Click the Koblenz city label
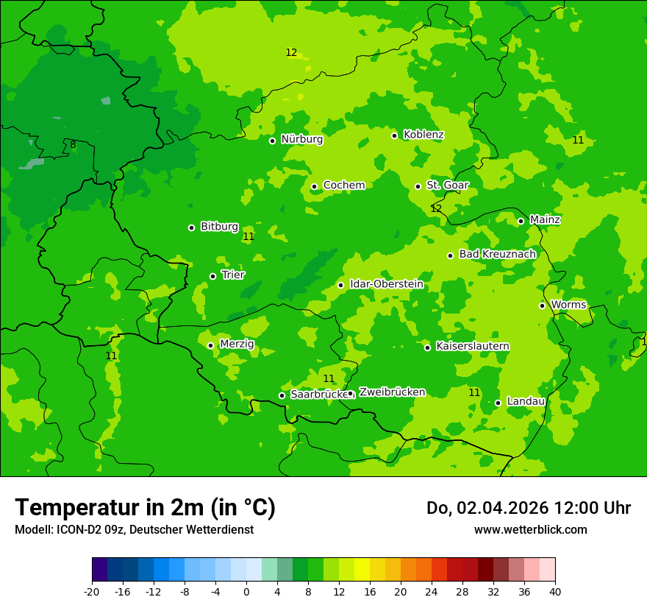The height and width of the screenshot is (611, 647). [x=423, y=135]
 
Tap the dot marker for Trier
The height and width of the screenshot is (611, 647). [x=212, y=276]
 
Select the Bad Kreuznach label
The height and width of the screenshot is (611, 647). [x=497, y=254]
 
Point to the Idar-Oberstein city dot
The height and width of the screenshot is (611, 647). [x=340, y=285]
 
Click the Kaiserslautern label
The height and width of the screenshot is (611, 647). [x=473, y=346]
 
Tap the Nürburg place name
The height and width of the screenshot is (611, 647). [x=301, y=139]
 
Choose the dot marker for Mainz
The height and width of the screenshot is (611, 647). [x=521, y=221]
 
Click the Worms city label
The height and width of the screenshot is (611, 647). [x=568, y=305]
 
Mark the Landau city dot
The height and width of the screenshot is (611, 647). [x=498, y=403]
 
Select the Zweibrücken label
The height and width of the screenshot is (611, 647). [x=392, y=392]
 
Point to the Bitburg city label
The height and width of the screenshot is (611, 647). [x=219, y=227]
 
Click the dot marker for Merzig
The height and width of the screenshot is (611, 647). [x=210, y=345]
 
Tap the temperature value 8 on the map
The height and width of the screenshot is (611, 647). [x=73, y=145]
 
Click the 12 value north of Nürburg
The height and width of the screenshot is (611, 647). [x=291, y=52]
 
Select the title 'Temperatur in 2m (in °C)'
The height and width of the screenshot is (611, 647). [x=145, y=508]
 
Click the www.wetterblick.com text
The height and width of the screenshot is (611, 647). [x=530, y=529]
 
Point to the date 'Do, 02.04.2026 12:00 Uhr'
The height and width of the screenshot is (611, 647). [x=528, y=508]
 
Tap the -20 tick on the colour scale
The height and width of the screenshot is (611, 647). [x=92, y=591]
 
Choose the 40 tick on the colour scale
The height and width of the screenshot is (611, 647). [x=554, y=591]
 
